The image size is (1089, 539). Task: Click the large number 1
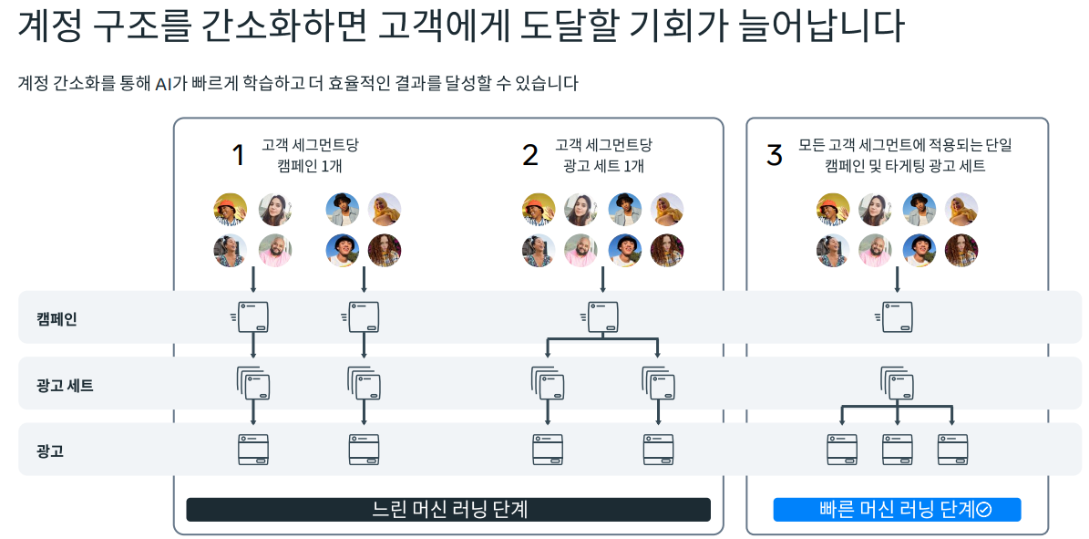[238, 155]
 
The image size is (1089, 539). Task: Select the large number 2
[530, 155]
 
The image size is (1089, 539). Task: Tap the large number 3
[775, 155]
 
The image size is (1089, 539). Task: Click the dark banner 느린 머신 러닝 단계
[448, 509]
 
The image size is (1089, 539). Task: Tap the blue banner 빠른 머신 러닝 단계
[897, 509]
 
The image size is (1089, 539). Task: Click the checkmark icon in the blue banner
[984, 510]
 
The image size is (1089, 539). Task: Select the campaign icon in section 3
[897, 317]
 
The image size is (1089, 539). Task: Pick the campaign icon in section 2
[601, 317]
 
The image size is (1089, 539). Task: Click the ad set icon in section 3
[897, 383]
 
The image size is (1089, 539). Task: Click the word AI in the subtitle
[164, 83]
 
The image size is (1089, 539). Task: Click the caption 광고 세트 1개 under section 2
[603, 165]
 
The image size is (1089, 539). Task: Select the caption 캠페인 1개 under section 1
[310, 165]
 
